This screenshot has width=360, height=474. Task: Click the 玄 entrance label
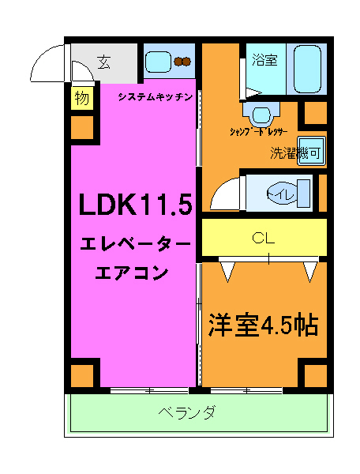pyautogui.click(x=104, y=62)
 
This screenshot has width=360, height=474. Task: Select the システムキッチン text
pyautogui.click(x=156, y=96)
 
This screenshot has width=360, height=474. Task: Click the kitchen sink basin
pyautogui.click(x=158, y=61)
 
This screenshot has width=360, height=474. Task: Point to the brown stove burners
pyautogui.click(x=184, y=61)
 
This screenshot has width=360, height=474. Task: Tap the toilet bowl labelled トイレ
pyautogui.click(x=279, y=192)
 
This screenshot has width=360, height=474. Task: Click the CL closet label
pyautogui.click(x=263, y=237)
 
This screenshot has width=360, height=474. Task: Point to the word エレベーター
pyautogui.click(x=135, y=246)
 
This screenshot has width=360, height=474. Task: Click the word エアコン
pyautogui.click(x=132, y=274)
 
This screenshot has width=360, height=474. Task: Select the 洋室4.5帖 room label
pyautogui.click(x=263, y=325)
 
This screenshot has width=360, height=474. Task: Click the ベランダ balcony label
pyautogui.click(x=186, y=412)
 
